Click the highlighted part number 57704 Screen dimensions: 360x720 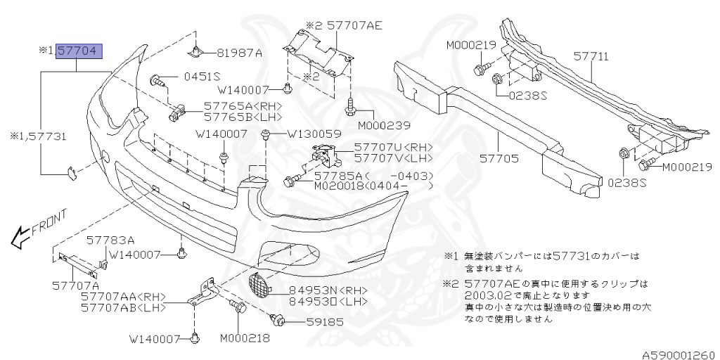click(x=79, y=51)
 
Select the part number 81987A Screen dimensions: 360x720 click(x=239, y=53)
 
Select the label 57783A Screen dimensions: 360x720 click(x=110, y=240)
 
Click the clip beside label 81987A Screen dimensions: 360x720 click(x=196, y=52)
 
